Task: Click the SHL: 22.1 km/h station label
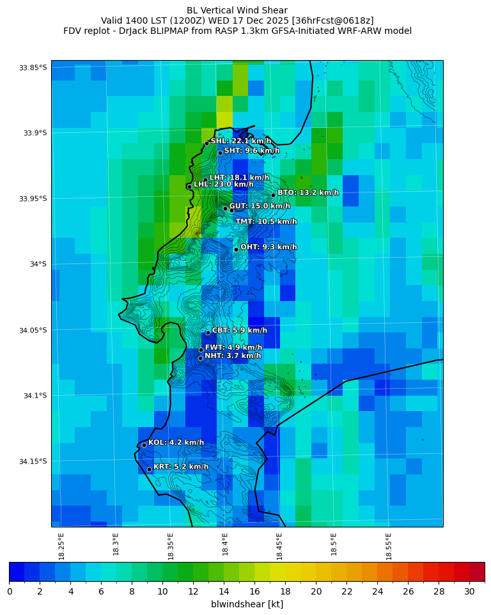point(240,141)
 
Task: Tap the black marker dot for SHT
point(220,153)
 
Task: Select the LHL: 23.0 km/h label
point(223,185)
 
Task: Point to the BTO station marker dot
point(273,195)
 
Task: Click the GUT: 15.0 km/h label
point(259,206)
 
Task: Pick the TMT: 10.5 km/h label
point(266,222)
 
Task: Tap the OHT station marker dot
point(236,249)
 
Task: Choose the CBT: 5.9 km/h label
point(239,331)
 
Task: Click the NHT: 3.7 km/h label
point(233,356)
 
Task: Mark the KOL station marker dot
point(144,445)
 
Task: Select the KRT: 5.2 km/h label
point(181,467)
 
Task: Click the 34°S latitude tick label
point(37,264)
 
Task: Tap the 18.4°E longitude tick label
point(226,544)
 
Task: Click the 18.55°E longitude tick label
point(389,544)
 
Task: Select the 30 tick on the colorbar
point(469,592)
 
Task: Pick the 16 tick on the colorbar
point(254,592)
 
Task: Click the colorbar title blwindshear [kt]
point(247,604)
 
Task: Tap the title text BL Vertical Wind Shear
point(237,10)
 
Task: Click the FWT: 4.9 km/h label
point(233,348)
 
